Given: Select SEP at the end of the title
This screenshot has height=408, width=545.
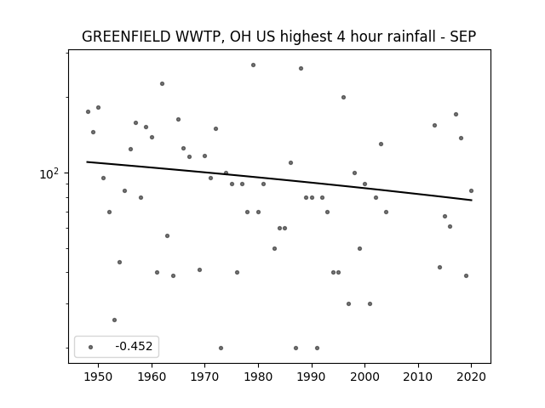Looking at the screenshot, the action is coord(463,37).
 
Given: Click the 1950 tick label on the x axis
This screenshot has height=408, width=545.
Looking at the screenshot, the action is coord(99,377).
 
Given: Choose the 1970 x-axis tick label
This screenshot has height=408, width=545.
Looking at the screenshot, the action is coord(204,377).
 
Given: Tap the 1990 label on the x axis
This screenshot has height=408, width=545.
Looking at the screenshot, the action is coord(312,377).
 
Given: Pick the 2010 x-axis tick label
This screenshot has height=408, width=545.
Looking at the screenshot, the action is coord(418,377).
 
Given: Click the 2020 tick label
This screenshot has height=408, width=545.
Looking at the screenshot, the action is coord(471,377).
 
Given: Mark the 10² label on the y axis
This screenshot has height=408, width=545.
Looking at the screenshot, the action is coord(49,173).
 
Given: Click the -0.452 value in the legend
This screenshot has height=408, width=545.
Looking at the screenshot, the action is coord(134,346).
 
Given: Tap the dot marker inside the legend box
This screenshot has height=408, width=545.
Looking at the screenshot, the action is coord(91,347).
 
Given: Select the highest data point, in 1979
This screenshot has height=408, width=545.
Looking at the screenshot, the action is coord(254,65).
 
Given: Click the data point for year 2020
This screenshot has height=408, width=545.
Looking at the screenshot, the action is coord(471,190).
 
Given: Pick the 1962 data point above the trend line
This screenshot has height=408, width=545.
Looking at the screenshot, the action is coord(163,83).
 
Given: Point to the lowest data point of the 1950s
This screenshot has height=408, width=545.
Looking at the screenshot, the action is coord(114,320).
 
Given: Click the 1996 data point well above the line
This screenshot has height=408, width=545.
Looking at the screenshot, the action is coord(343,97).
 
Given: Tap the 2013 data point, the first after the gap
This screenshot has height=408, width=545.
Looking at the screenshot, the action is coord(434,125).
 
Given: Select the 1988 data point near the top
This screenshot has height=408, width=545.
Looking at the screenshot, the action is coord(301,68).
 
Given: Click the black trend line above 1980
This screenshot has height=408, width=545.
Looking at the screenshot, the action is coord(258,176).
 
